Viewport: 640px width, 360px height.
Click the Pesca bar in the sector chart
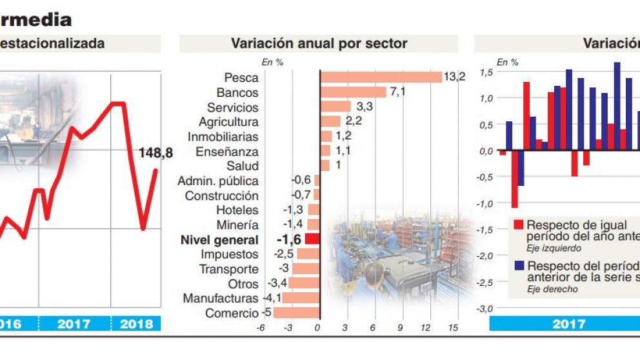point(381,77)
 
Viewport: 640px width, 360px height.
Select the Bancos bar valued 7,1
point(353,92)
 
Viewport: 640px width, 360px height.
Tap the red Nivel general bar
point(312,239)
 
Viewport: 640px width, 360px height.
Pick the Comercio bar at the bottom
point(296,313)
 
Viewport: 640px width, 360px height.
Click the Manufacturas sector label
point(221,299)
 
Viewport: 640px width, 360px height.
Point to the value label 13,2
point(454,77)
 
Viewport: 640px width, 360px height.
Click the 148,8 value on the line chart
point(155,153)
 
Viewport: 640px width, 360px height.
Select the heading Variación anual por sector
point(319,44)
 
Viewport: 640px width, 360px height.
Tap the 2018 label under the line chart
point(136,323)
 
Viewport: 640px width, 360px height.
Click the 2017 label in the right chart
point(568,323)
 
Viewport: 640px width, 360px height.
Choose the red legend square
point(518,225)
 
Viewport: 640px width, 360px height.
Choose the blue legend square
point(518,266)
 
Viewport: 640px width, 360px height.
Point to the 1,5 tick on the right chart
point(486,72)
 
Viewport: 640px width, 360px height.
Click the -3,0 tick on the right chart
point(485,308)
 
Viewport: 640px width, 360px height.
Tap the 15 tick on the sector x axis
point(453,328)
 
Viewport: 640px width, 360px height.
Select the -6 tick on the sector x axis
point(261,328)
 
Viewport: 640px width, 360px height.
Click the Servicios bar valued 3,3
point(335,107)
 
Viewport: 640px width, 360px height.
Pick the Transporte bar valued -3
point(306,269)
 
